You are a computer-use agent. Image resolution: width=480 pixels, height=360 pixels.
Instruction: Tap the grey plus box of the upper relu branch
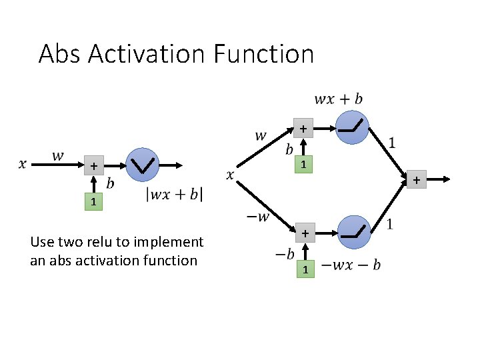click(303, 127)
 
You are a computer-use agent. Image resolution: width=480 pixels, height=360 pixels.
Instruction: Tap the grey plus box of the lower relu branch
click(303, 234)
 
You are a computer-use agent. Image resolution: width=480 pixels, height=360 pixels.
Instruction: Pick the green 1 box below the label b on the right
click(303, 164)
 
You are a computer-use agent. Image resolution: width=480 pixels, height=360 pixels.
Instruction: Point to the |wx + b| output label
click(175, 195)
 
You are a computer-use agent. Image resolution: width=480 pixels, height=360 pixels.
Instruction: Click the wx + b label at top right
click(339, 99)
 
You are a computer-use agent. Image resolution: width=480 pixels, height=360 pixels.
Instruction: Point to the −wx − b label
click(351, 265)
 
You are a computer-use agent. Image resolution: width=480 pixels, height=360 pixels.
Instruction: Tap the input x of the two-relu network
click(230, 175)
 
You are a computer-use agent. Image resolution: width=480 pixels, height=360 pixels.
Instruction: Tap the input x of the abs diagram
click(22, 163)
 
